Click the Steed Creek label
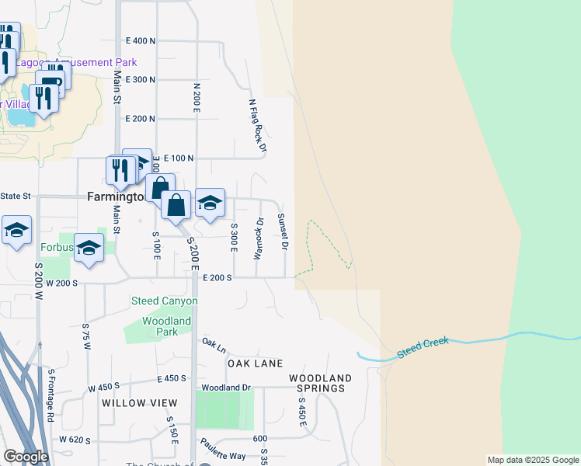tap(423, 346)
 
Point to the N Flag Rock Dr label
tap(258, 125)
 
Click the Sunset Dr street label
tap(284, 231)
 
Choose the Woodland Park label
tap(166, 326)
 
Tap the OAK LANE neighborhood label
tap(254, 363)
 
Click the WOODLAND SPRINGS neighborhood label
tap(321, 383)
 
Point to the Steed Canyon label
tap(164, 301)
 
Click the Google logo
tap(26, 456)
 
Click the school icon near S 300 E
tap(210, 203)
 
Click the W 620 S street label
tap(76, 440)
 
